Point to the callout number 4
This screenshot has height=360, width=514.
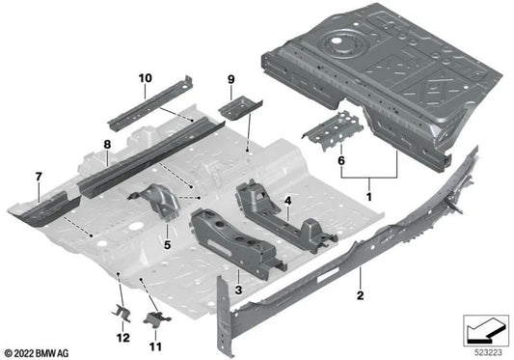tap(286, 202)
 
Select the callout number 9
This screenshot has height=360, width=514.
tap(231, 78)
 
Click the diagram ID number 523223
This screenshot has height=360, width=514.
tap(485, 351)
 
